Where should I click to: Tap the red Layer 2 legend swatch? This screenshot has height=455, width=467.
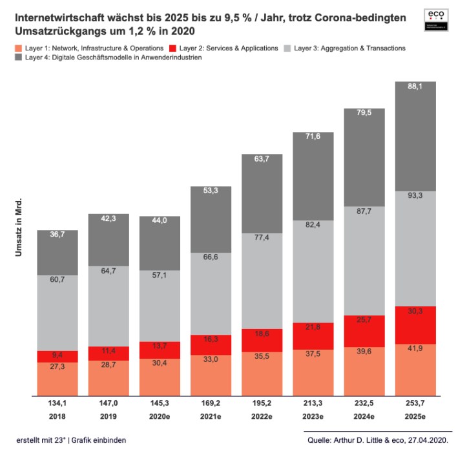pyautogui.click(x=171, y=48)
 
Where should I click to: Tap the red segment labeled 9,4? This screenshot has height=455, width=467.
pyautogui.click(x=57, y=357)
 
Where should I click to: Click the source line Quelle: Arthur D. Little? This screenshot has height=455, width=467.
pyautogui.click(x=379, y=441)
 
